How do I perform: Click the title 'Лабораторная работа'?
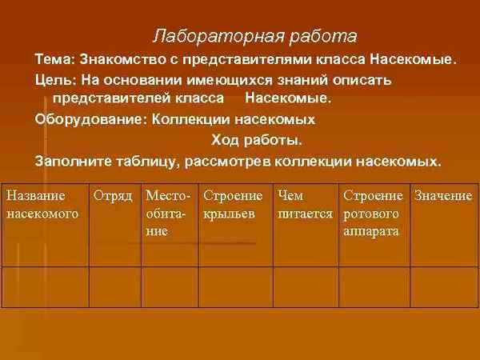(254, 37)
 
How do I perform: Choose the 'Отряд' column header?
(113, 196)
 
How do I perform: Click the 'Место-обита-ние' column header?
(168, 214)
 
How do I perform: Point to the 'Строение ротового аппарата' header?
(373, 214)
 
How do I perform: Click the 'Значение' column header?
(442, 196)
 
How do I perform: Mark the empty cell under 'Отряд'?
(114, 286)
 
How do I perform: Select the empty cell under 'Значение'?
(442, 286)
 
